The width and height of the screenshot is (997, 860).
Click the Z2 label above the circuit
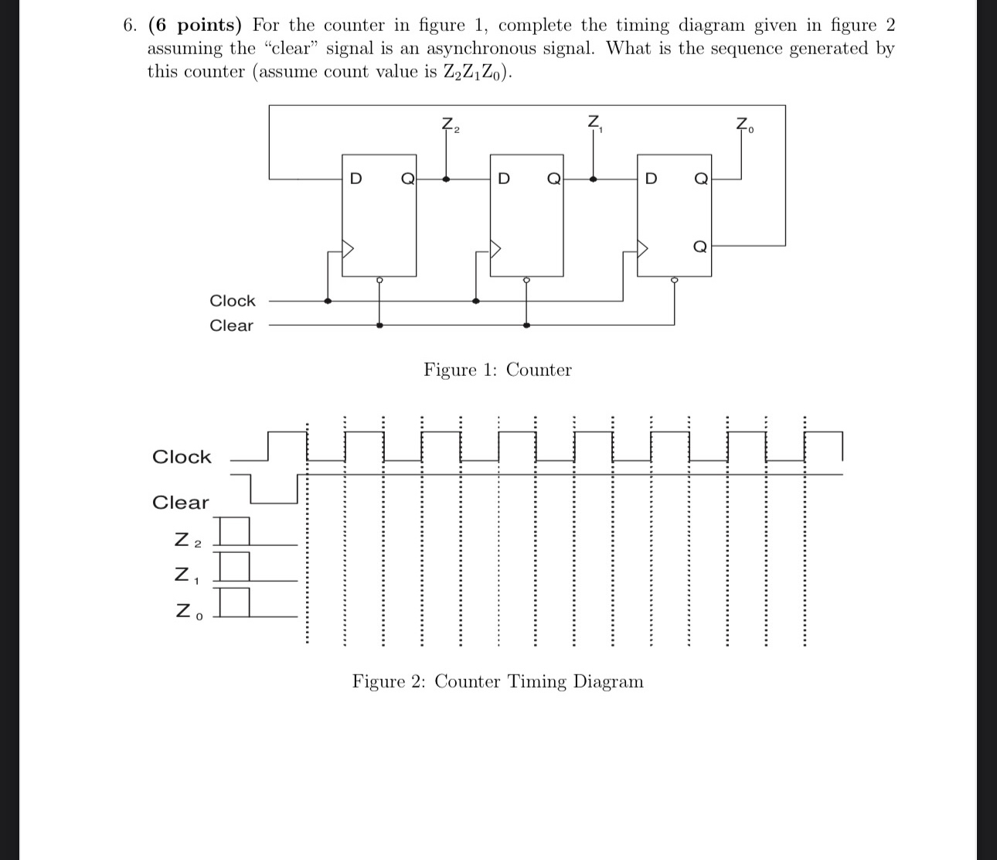(x=449, y=125)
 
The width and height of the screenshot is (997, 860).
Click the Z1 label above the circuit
(x=594, y=123)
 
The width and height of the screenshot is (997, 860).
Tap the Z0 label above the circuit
(x=743, y=125)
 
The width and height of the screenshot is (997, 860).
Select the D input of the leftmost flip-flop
(x=356, y=179)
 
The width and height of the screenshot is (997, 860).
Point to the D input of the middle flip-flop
(x=504, y=179)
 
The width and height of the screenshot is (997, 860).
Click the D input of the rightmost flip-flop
(x=651, y=179)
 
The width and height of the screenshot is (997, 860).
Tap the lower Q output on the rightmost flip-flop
(x=699, y=247)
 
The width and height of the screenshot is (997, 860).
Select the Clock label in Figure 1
(x=232, y=301)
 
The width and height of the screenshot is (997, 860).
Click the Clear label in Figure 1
(x=231, y=326)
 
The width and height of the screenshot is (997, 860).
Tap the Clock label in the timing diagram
(x=182, y=457)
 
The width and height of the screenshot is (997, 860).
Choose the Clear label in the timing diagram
(x=180, y=503)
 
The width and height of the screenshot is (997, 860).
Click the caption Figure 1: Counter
(x=498, y=370)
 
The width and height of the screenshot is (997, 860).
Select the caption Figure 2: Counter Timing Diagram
(x=498, y=681)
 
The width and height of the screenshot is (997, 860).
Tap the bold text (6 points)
(x=194, y=26)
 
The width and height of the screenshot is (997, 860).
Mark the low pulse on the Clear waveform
(x=274, y=500)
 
